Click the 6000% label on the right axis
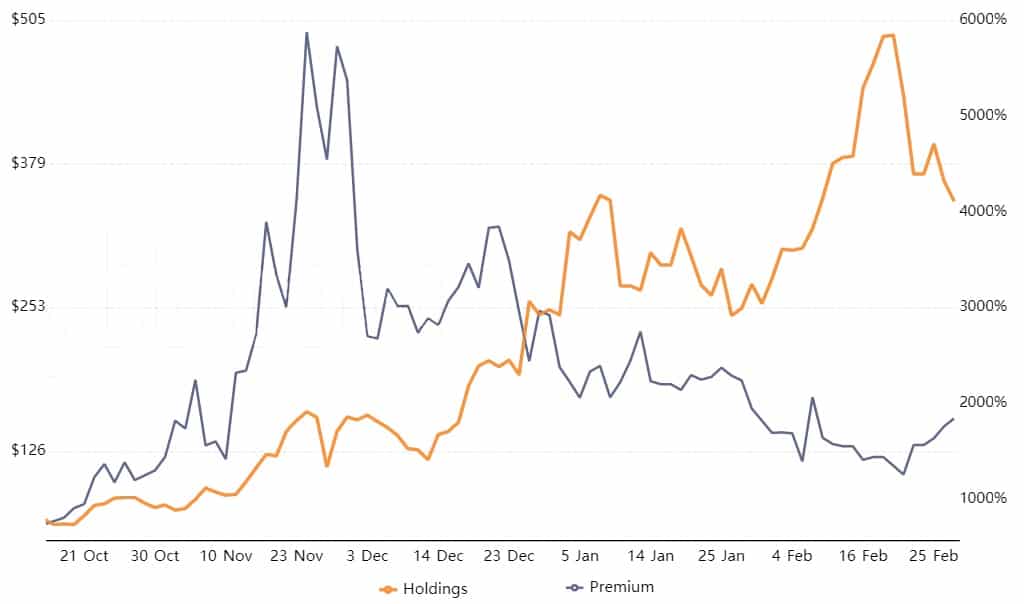tap(983, 19)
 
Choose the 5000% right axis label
tap(983, 115)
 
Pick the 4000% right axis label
tap(983, 211)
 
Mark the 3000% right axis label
tap(983, 306)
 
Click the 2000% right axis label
tap(983, 402)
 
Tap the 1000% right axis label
tap(983, 498)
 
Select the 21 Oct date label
tap(85, 556)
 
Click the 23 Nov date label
tap(297, 556)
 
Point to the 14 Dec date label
tap(438, 556)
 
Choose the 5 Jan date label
tap(580, 556)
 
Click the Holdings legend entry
tap(423, 589)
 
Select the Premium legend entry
tap(610, 587)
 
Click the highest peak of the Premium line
tap(307, 33)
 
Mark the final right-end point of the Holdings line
tap(954, 201)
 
